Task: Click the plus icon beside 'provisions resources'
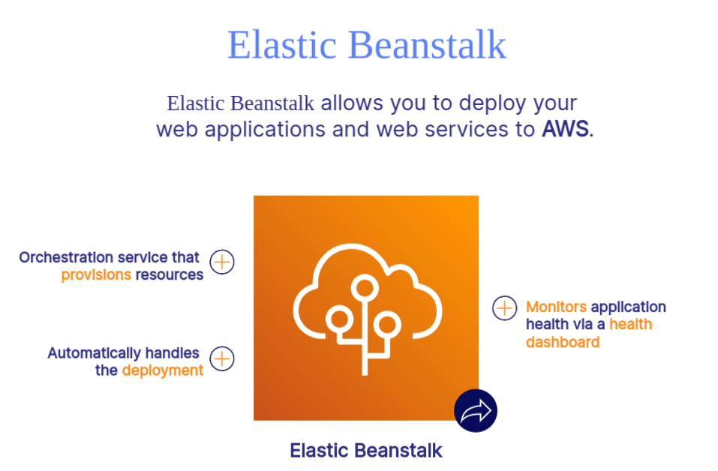click(222, 262)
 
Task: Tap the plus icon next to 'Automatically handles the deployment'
click(222, 358)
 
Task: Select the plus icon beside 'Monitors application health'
click(504, 307)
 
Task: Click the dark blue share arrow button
click(476, 411)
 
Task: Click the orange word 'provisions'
click(96, 274)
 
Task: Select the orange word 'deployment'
click(163, 370)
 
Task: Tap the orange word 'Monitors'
click(556, 307)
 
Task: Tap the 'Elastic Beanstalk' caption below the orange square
click(366, 451)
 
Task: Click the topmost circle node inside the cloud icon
click(365, 286)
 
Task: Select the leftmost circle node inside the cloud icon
click(339, 319)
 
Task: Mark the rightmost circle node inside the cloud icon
click(386, 324)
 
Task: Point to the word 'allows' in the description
click(352, 103)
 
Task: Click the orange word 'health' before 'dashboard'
click(630, 325)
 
